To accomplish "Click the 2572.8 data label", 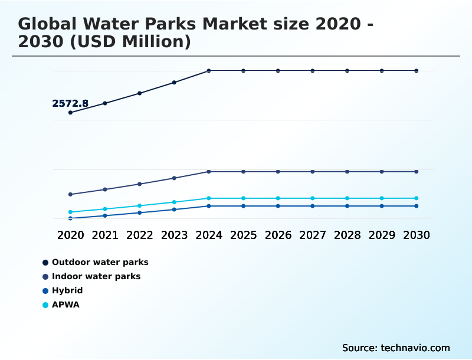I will click(70, 104).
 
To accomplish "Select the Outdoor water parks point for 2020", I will click(71, 112).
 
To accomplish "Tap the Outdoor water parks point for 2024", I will click(209, 71).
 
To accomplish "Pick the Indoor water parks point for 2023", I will click(174, 178).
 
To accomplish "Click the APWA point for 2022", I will click(140, 205).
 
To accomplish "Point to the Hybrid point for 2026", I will click(278, 206).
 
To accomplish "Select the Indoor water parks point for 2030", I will click(416, 172).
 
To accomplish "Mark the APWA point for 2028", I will click(347, 198).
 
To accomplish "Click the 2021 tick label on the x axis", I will click(105, 235).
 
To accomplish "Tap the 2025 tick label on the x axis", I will click(243, 235).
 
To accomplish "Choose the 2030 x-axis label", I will click(416, 235).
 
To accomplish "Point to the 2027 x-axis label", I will click(312, 235).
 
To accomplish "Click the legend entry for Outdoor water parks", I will click(100, 262).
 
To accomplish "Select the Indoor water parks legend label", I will click(96, 276).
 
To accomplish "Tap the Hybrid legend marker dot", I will click(45, 291).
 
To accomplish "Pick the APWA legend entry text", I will click(65, 305).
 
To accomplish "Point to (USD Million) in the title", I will click(133, 42).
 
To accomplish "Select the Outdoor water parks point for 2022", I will click(140, 93).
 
